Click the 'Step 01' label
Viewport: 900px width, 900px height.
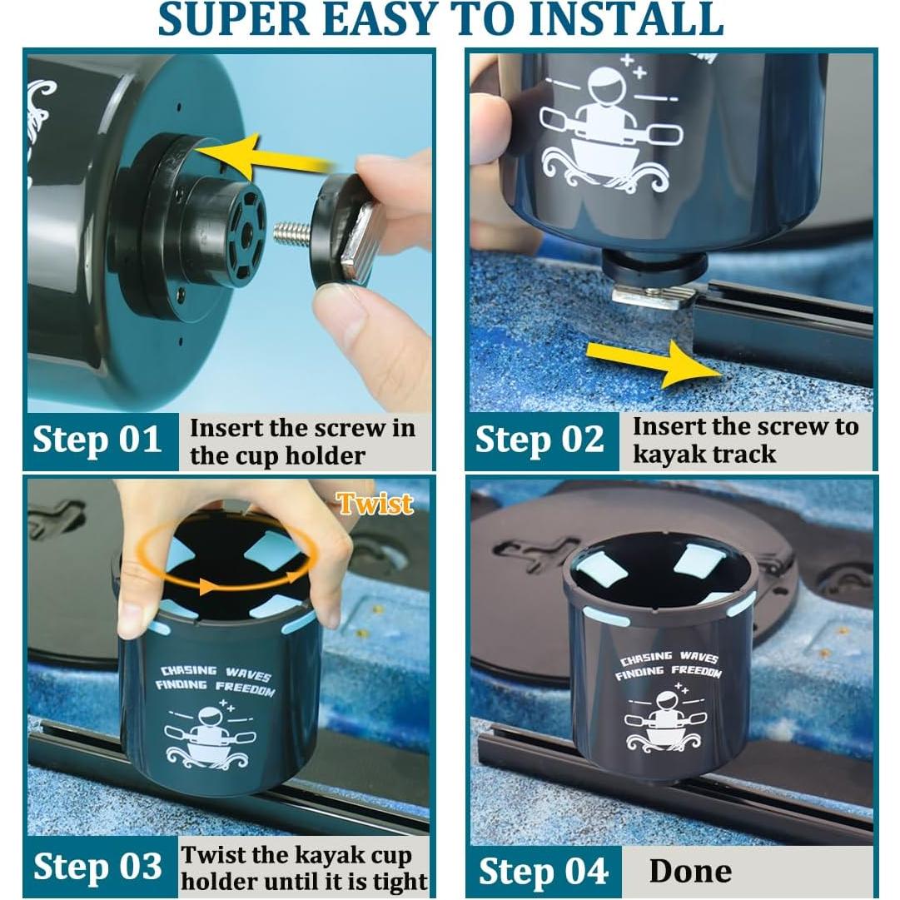97,440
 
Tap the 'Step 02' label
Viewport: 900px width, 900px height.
540,440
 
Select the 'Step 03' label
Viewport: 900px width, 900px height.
97,866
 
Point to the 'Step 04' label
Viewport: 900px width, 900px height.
543,871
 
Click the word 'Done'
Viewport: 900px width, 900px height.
690,871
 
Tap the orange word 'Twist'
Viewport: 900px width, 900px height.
375,504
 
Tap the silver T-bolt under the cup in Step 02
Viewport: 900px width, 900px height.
654,297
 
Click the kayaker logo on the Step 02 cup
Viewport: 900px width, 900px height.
611,129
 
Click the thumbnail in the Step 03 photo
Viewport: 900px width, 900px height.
132,614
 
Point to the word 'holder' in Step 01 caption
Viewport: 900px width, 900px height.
326,455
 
